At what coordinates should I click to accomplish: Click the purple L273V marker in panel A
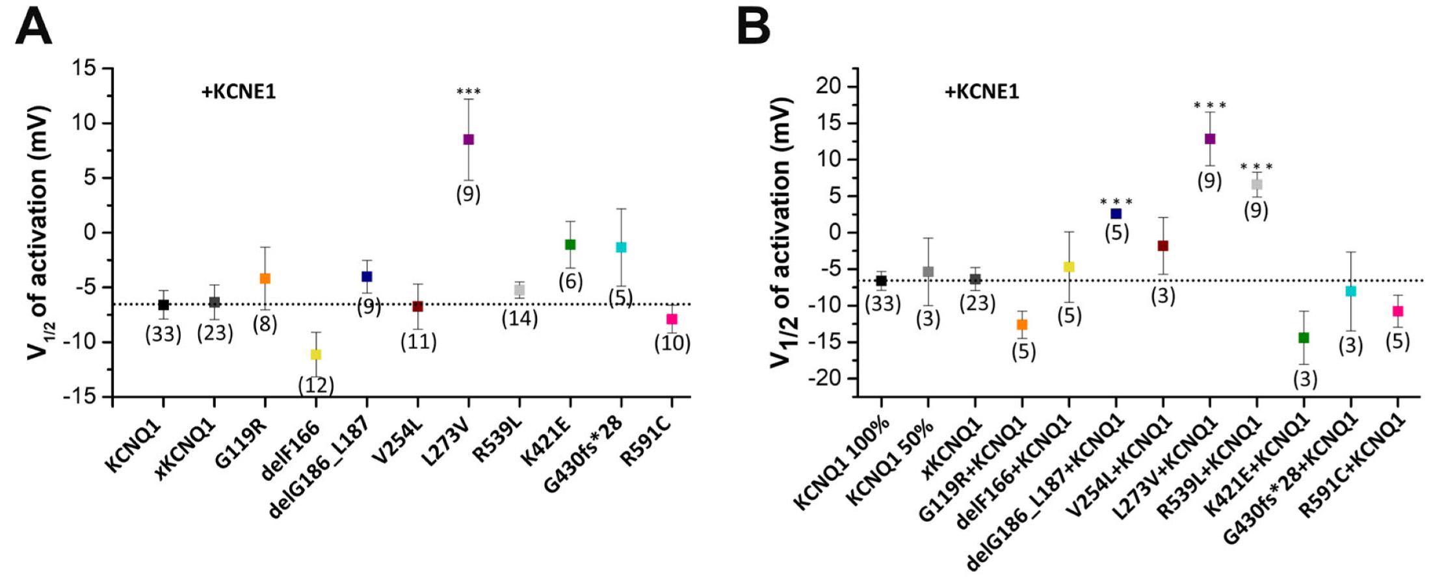click(x=468, y=139)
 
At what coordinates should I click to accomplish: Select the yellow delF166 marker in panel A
click(x=316, y=354)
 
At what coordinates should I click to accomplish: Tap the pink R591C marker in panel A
click(x=672, y=319)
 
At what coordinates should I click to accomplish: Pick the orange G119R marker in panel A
click(x=265, y=278)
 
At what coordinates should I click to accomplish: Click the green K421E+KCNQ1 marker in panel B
click(x=1304, y=337)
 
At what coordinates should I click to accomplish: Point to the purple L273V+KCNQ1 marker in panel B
click(x=1210, y=138)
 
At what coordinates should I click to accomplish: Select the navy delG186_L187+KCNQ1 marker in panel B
click(x=1116, y=213)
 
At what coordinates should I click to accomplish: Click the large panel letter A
click(x=33, y=27)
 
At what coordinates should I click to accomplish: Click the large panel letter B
click(x=754, y=27)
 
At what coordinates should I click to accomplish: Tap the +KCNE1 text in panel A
click(x=239, y=92)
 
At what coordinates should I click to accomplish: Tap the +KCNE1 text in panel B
click(x=982, y=92)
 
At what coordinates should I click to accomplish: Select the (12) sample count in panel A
click(x=316, y=385)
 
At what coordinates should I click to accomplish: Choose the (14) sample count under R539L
click(x=519, y=318)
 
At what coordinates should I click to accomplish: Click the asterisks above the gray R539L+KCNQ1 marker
click(x=1257, y=167)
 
